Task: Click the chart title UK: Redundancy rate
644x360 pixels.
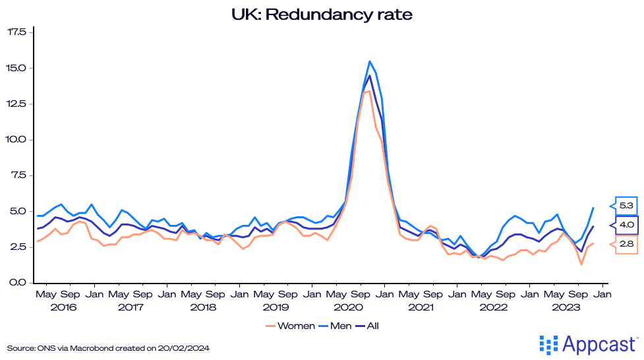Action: pyautogui.click(x=322, y=14)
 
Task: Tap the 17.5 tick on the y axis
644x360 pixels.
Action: pyautogui.click(x=16, y=32)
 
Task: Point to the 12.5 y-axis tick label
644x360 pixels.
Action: pyautogui.click(x=16, y=103)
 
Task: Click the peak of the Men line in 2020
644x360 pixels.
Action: pyautogui.click(x=369, y=61)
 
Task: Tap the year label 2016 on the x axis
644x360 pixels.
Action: pyautogui.click(x=63, y=307)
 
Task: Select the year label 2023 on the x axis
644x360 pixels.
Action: pyautogui.click(x=566, y=307)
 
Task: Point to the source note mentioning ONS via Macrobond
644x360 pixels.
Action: pyautogui.click(x=111, y=347)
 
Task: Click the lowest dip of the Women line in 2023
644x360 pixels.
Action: pyautogui.click(x=581, y=264)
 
